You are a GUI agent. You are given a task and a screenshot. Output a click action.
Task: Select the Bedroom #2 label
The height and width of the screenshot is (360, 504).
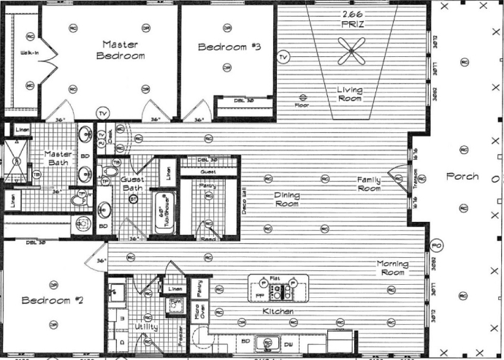point(46,301)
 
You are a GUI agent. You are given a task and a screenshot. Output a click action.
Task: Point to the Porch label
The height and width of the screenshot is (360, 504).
point(462,176)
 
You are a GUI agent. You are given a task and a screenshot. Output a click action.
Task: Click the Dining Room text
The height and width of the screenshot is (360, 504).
point(287,199)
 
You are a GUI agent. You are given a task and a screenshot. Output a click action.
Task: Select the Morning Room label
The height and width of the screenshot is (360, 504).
point(397,268)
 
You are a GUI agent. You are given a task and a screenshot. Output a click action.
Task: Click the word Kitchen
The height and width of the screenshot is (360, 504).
point(278,312)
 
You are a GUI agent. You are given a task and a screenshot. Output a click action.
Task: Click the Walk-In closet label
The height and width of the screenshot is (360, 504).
point(28,53)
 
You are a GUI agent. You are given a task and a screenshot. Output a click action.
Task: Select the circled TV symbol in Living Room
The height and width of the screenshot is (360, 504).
point(283,56)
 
